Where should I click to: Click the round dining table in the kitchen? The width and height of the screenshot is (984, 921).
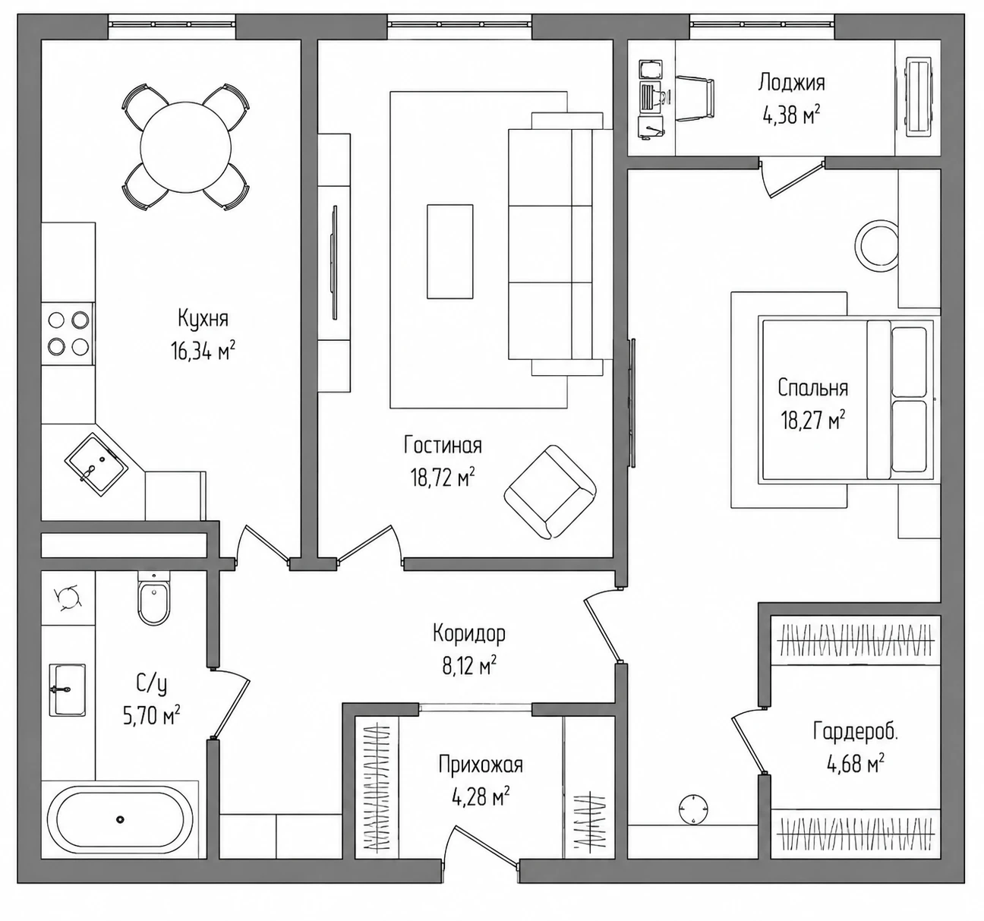(x=186, y=147)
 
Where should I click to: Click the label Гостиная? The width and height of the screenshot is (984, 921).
(x=443, y=446)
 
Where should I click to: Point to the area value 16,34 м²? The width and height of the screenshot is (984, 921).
(x=203, y=352)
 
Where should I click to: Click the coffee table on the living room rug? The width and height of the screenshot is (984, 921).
(x=450, y=252)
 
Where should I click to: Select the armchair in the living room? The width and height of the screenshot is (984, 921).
(x=550, y=492)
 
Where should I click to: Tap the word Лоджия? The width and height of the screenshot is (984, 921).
(x=791, y=83)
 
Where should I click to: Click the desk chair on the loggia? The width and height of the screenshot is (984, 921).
(x=695, y=99)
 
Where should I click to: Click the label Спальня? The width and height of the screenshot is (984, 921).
(x=813, y=388)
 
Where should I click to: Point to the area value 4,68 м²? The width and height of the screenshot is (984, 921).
(x=856, y=764)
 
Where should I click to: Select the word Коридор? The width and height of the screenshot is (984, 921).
(x=468, y=633)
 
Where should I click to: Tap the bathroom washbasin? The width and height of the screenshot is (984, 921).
(x=68, y=690)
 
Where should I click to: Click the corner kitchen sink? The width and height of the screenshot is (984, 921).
(x=96, y=464)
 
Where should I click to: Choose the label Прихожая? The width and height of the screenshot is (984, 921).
(x=481, y=765)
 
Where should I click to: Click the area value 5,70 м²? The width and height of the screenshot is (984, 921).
(x=152, y=716)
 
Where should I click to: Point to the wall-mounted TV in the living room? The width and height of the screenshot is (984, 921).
(x=335, y=263)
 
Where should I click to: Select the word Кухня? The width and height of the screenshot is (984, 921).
(x=203, y=319)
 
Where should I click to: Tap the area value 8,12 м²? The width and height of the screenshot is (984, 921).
(x=469, y=666)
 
